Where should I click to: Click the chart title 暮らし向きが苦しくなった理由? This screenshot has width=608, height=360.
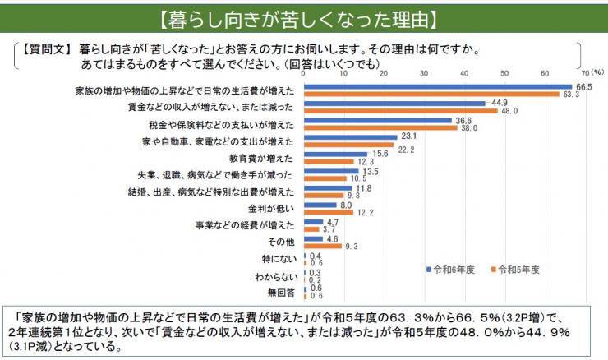pyautogui.click(x=303, y=17)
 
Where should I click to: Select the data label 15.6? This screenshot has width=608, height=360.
pyautogui.click(x=381, y=154)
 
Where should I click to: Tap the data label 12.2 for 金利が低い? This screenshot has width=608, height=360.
pyautogui.click(x=366, y=212)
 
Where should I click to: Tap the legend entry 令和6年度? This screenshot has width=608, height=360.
pyautogui.click(x=453, y=269)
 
